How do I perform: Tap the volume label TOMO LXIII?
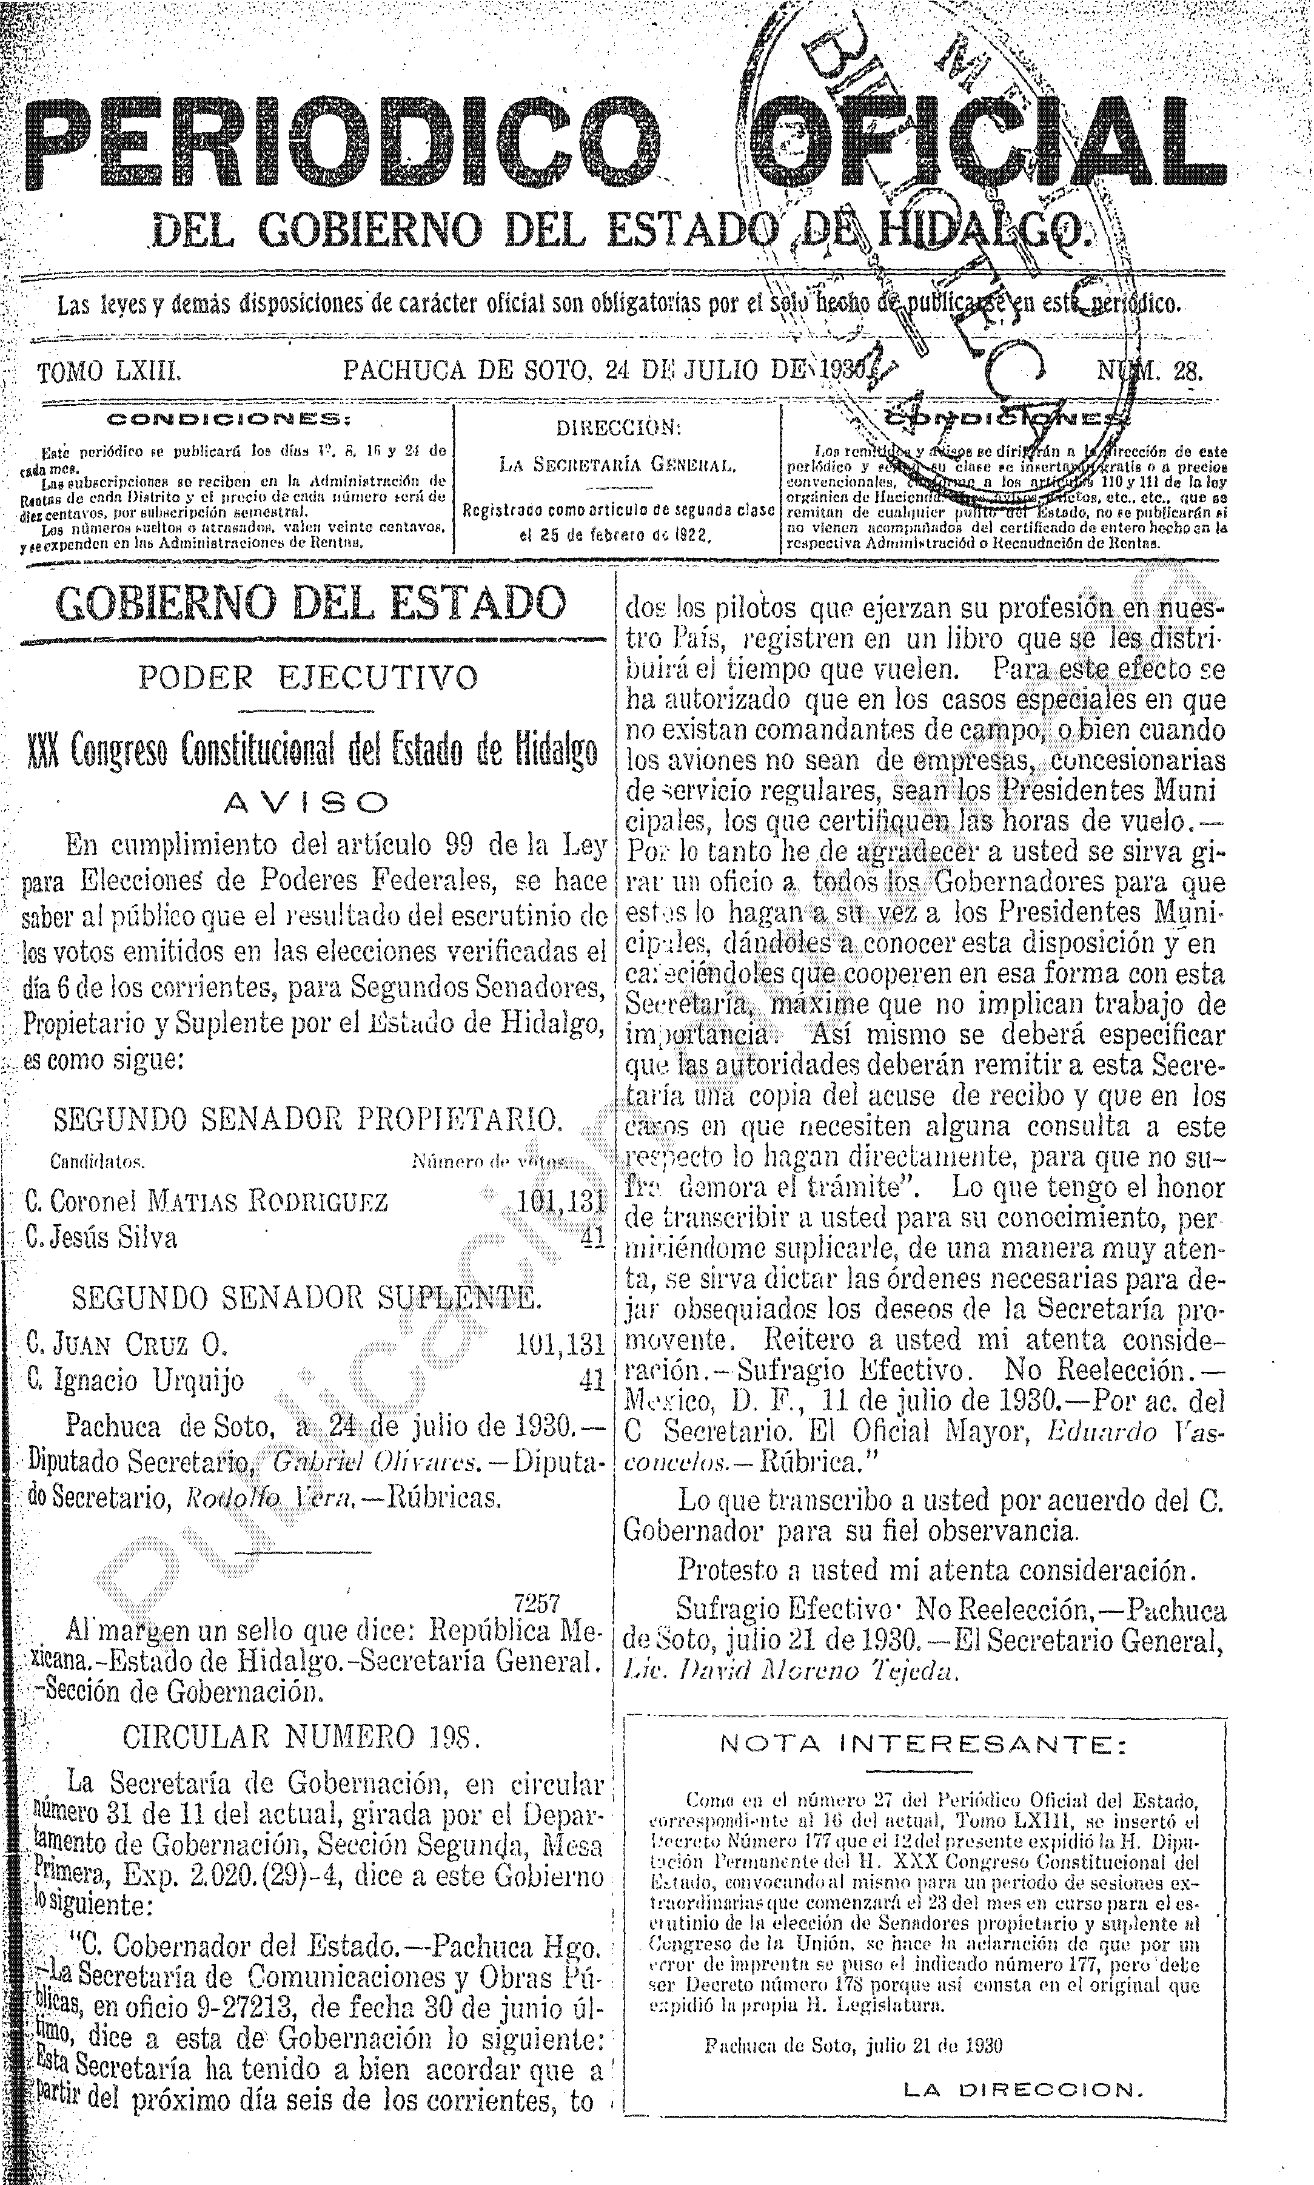pos(109,370)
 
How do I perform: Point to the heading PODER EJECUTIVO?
pos(308,678)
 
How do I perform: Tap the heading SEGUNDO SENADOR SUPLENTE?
pos(306,1298)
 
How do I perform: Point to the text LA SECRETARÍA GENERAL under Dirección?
pos(617,463)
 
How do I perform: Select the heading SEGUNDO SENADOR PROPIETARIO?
pos(308,1120)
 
